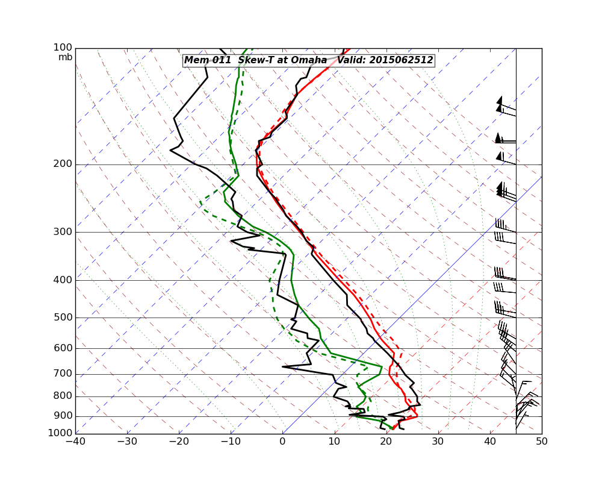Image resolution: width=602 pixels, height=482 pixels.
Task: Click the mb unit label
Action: coord(65,57)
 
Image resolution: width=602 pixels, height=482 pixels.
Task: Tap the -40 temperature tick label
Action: coord(75,441)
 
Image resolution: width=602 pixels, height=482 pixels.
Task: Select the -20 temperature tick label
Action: coord(179,441)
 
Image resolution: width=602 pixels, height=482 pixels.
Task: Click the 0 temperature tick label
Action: coord(283,441)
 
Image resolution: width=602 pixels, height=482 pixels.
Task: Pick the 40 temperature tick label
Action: coord(490,441)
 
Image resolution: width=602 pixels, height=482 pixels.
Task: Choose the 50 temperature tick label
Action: coord(542,441)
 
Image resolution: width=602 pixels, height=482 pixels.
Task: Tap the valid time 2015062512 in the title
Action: coord(401,60)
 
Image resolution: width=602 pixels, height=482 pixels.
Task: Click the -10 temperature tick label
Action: coord(231,441)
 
